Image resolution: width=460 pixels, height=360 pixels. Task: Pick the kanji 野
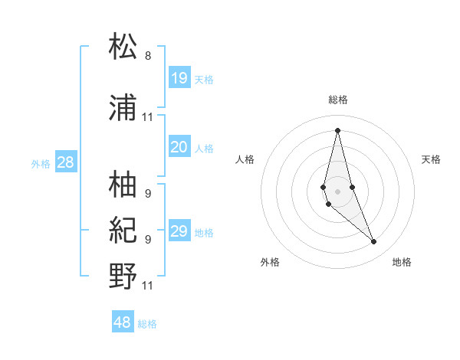point(123,276)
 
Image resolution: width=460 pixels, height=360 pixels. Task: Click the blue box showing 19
point(179,78)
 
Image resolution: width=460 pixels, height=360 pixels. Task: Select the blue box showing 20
point(179,147)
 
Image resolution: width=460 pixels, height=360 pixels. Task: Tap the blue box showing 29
point(179,231)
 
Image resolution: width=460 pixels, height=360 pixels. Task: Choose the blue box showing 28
point(66,162)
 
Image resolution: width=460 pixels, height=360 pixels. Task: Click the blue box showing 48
point(123,322)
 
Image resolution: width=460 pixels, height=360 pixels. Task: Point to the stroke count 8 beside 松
point(148,56)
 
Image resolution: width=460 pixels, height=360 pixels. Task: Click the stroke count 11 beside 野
point(148,286)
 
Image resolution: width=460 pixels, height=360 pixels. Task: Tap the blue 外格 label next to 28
point(41,163)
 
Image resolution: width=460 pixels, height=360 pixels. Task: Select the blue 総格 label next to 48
point(147,324)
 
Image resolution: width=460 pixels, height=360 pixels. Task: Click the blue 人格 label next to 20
point(204,149)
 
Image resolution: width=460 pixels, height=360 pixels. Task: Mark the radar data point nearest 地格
point(374,242)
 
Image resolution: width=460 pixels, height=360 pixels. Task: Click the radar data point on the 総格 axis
point(337,130)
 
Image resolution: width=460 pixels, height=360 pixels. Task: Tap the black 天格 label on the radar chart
point(432,159)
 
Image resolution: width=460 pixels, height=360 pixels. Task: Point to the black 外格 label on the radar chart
point(270,262)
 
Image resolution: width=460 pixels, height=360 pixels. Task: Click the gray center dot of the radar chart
point(337,191)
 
